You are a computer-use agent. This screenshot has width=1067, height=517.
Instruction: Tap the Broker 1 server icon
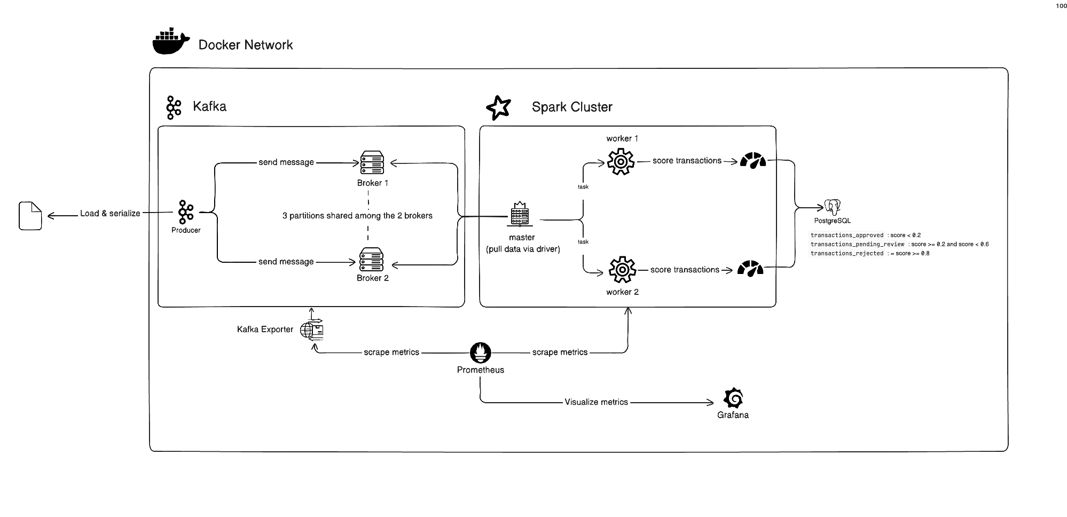(x=372, y=163)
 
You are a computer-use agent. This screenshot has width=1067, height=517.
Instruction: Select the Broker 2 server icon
(x=371, y=260)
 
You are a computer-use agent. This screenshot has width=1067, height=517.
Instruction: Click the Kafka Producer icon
(x=186, y=212)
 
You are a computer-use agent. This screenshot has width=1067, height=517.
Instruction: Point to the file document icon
(x=30, y=216)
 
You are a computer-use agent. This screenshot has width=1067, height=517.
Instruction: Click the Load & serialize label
(x=110, y=213)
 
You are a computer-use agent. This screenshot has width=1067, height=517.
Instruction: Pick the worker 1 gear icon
(x=621, y=161)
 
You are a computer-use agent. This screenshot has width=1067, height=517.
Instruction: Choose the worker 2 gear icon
(x=622, y=270)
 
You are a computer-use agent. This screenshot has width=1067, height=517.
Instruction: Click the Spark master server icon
(x=520, y=214)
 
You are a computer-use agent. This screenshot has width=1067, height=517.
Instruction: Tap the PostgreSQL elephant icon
(x=832, y=207)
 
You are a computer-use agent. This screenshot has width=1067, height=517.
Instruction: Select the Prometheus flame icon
(x=480, y=352)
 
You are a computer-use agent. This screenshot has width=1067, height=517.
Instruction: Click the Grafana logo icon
(x=733, y=398)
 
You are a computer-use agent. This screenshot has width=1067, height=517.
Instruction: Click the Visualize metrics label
(x=596, y=402)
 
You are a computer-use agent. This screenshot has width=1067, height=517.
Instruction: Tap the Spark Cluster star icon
(x=498, y=108)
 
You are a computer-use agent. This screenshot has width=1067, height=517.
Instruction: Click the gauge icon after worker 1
(x=753, y=160)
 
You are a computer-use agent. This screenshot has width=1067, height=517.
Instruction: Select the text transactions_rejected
(x=847, y=253)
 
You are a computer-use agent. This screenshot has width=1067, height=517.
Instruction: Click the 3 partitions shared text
(x=357, y=216)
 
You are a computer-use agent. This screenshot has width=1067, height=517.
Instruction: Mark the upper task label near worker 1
(x=583, y=187)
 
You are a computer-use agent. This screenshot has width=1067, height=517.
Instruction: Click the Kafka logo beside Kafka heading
(x=174, y=108)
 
